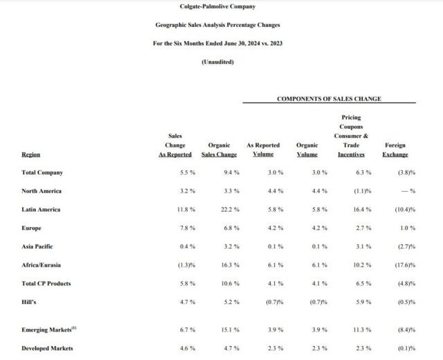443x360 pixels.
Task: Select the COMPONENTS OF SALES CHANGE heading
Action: point(329,98)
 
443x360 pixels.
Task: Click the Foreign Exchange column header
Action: point(396,150)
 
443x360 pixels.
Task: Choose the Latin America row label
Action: point(42,209)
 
